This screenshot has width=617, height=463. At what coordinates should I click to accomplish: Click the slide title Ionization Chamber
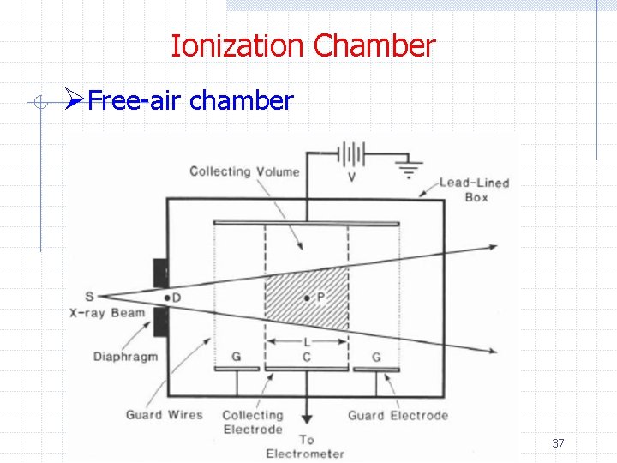(x=303, y=45)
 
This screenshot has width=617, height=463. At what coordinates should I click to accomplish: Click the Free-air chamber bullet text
(x=190, y=101)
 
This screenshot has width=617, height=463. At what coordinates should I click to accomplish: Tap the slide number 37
(x=558, y=443)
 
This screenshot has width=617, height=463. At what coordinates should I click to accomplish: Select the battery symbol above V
(x=351, y=156)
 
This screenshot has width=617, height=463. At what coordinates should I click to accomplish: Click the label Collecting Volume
(x=244, y=171)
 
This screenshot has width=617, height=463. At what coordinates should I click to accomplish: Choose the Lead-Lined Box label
(x=475, y=189)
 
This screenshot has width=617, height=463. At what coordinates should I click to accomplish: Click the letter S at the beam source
(x=90, y=297)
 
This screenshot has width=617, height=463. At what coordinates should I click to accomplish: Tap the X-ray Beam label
(x=107, y=313)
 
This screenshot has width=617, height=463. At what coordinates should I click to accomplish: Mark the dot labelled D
(x=167, y=298)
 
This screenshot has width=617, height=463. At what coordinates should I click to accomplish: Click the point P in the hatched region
(x=307, y=298)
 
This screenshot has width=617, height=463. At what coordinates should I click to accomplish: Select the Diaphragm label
(x=126, y=356)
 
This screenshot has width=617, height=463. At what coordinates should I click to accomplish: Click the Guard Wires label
(x=165, y=415)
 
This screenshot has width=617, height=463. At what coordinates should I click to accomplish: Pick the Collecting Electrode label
(x=252, y=422)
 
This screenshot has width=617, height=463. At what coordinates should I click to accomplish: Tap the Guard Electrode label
(x=398, y=416)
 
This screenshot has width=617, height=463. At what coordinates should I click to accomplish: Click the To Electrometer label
(x=306, y=447)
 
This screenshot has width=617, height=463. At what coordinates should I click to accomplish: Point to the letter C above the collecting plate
(x=307, y=356)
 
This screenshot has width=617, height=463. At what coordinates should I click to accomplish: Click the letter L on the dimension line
(x=307, y=342)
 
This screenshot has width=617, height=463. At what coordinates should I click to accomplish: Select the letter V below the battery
(x=352, y=177)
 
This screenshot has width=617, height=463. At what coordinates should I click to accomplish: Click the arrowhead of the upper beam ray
(x=492, y=247)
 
